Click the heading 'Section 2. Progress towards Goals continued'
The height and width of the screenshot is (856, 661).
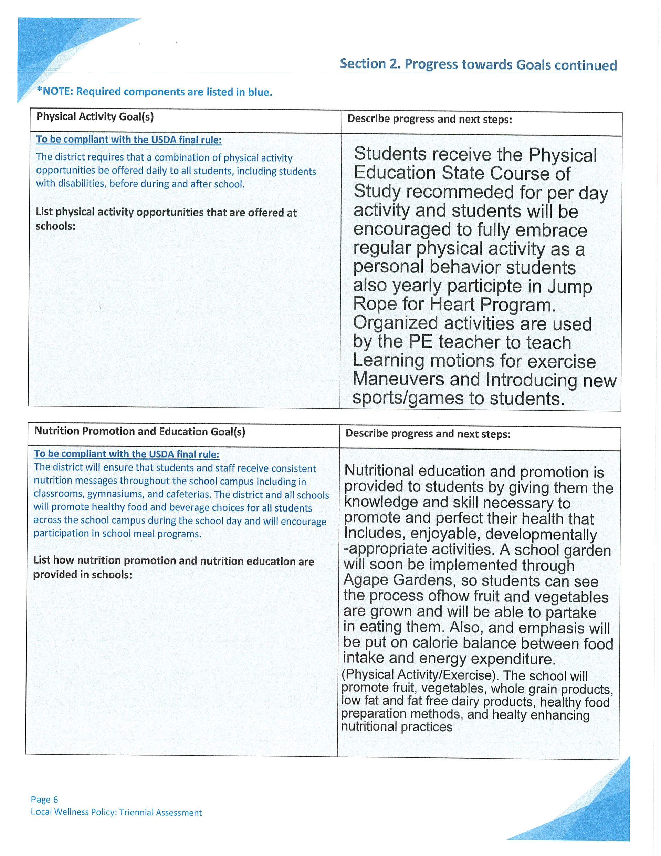tap(478, 65)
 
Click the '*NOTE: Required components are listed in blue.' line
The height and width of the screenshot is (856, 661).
tap(154, 92)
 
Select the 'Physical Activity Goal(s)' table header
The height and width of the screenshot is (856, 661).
tap(95, 117)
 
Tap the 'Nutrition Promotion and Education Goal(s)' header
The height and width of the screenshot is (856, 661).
tap(139, 432)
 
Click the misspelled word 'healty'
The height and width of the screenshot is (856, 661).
tap(509, 715)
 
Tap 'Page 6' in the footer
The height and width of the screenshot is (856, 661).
tap(44, 800)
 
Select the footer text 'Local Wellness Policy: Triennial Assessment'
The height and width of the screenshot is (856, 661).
tap(116, 813)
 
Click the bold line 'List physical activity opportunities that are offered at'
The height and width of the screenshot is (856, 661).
tap(166, 213)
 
